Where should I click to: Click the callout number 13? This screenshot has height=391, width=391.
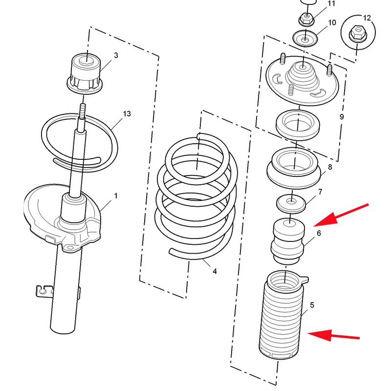127,114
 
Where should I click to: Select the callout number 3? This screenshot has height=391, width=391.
116,55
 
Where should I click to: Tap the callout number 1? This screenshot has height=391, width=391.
116,196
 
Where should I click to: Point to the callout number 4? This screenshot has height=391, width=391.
215,271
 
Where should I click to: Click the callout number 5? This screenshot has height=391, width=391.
312,305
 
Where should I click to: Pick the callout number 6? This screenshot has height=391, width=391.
319,233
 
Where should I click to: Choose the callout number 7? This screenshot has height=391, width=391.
320,192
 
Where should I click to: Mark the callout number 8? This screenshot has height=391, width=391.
330,167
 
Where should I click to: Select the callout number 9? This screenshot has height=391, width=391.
342,117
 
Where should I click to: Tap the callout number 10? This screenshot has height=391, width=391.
332,22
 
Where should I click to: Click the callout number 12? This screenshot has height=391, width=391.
367,18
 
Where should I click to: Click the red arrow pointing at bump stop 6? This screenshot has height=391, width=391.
341,215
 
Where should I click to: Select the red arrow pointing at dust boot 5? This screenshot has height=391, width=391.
334,335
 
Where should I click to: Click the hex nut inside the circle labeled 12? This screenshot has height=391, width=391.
358,34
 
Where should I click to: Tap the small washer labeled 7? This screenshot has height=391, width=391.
291,203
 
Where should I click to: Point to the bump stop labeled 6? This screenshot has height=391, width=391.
288,241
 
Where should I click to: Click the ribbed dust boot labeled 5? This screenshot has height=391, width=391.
282,315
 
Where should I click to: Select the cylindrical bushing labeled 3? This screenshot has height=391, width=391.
85,73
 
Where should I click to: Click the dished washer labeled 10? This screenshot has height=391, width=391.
305,38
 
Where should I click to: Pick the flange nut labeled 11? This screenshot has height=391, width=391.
306,19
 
